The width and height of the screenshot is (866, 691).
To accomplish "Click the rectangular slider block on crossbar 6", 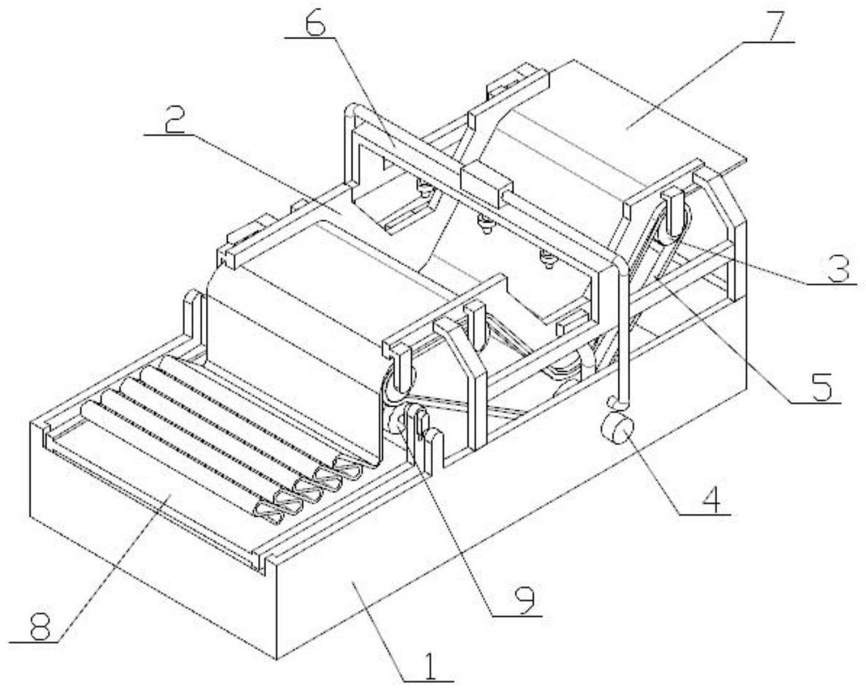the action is tap(486, 182).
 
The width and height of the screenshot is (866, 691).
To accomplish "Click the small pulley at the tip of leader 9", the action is tap(398, 425).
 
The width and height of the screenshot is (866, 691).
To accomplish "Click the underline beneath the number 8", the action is tap(33, 643).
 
